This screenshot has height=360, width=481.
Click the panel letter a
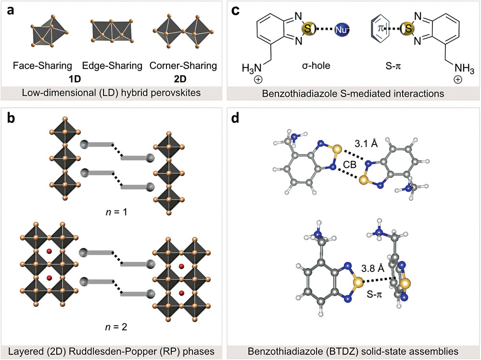11,11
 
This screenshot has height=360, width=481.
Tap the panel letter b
11,118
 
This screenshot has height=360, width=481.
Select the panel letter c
235,11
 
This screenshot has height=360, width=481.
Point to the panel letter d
235,118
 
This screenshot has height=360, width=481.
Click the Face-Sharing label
42,65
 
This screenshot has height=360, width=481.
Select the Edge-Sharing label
112,65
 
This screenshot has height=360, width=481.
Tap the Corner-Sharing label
183,65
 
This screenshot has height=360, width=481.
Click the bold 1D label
75,79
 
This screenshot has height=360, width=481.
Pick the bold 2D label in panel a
180,79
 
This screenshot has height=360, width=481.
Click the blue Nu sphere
341,29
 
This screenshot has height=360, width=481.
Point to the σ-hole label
316,65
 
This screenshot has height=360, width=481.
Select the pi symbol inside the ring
380,28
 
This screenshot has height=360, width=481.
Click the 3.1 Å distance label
366,143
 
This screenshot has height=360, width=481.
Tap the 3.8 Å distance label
373,269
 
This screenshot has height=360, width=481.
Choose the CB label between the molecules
350,165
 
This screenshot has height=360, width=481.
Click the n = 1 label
116,212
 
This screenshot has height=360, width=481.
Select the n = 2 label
116,327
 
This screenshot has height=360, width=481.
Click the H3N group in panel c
252,68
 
